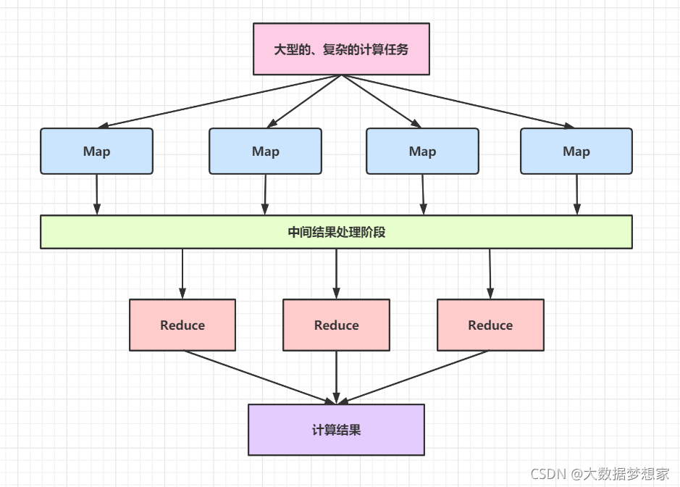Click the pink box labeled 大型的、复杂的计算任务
tap(341, 49)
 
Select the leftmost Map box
tap(96, 151)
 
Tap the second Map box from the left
tap(265, 151)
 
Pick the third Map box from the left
tap(422, 151)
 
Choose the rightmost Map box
tap(576, 151)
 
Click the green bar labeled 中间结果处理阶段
tap(336, 232)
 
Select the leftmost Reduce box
tap(182, 325)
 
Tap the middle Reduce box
tap(336, 325)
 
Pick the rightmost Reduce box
tap(490, 325)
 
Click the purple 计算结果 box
tap(336, 430)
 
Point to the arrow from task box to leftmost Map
tap(217, 101)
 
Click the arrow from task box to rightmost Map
tap(463, 101)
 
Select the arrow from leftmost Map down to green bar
tap(97, 194)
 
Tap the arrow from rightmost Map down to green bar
tap(577, 194)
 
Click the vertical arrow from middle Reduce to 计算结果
tap(336, 377)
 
